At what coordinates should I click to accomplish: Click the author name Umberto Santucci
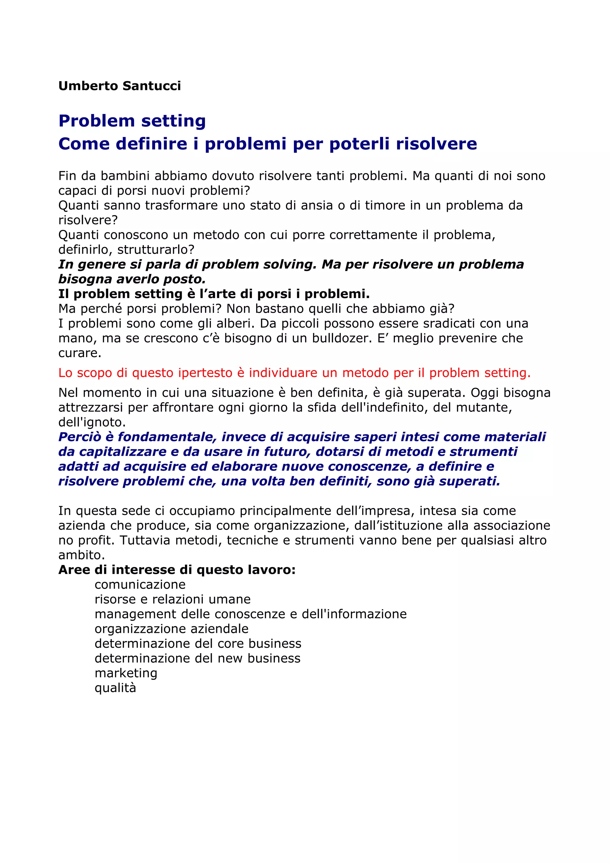[119, 86]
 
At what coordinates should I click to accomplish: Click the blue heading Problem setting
[132, 121]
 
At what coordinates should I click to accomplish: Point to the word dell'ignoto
[92, 423]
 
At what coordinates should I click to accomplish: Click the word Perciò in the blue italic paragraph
[80, 437]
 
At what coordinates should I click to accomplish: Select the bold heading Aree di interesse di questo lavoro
[177, 570]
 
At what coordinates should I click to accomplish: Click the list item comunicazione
[140, 585]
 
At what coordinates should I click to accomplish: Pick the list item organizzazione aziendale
[171, 629]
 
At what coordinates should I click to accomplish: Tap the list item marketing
[126, 673]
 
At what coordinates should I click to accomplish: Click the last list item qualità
[115, 688]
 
